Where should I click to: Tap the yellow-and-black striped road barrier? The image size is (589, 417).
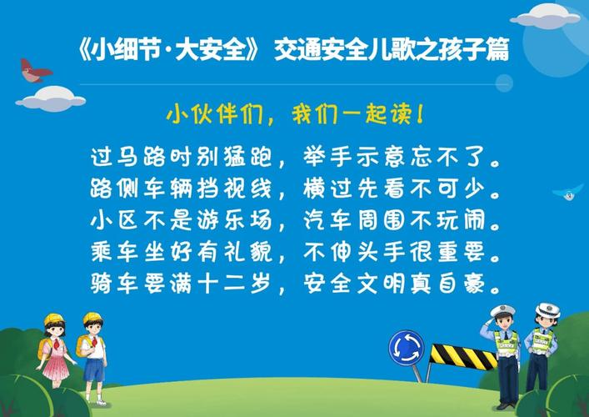coord(462,356)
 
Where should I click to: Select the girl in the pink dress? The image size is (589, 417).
coord(55,349)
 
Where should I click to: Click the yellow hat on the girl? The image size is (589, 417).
coord(54,319)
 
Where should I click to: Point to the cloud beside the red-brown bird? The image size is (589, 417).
coord(51,99)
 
